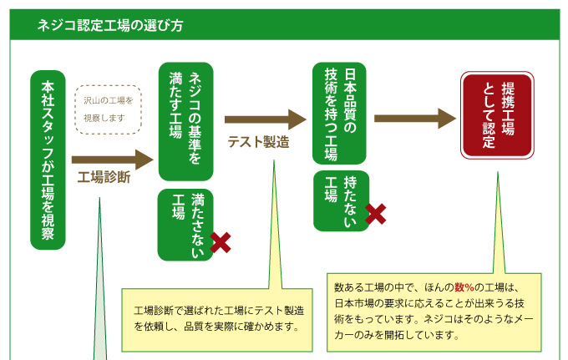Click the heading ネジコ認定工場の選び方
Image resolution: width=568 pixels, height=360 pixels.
click(x=110, y=25)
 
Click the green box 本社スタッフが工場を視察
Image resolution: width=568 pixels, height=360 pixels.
click(x=48, y=160)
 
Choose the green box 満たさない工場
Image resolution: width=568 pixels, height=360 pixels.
click(x=186, y=223)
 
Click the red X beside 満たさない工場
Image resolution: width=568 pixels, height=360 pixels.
click(x=221, y=242)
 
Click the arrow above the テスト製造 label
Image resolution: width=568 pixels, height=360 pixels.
click(x=266, y=119)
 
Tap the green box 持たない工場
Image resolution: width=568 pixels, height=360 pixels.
click(x=341, y=200)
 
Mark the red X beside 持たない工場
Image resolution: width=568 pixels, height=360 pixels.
click(x=376, y=214)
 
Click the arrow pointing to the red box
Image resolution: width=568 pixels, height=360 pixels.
click(x=414, y=117)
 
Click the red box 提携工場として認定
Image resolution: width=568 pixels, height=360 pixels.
click(x=498, y=114)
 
